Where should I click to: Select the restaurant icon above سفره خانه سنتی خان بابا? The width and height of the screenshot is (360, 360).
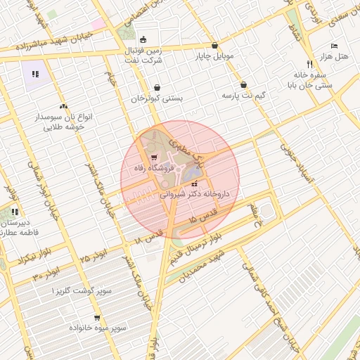pyautogui.click(x=300, y=63)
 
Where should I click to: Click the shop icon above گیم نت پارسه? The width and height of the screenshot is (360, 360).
pyautogui.click(x=243, y=84)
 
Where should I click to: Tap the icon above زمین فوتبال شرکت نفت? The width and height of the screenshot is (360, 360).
pyautogui.click(x=143, y=39)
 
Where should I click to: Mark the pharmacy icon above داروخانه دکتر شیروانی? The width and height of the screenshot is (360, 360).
pyautogui.click(x=195, y=184)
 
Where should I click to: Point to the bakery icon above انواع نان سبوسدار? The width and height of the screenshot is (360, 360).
pyautogui.click(x=64, y=106)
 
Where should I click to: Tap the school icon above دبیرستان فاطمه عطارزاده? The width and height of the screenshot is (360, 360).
pyautogui.click(x=15, y=212)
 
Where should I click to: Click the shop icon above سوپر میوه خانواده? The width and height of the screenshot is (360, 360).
pyautogui.click(x=97, y=318)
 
